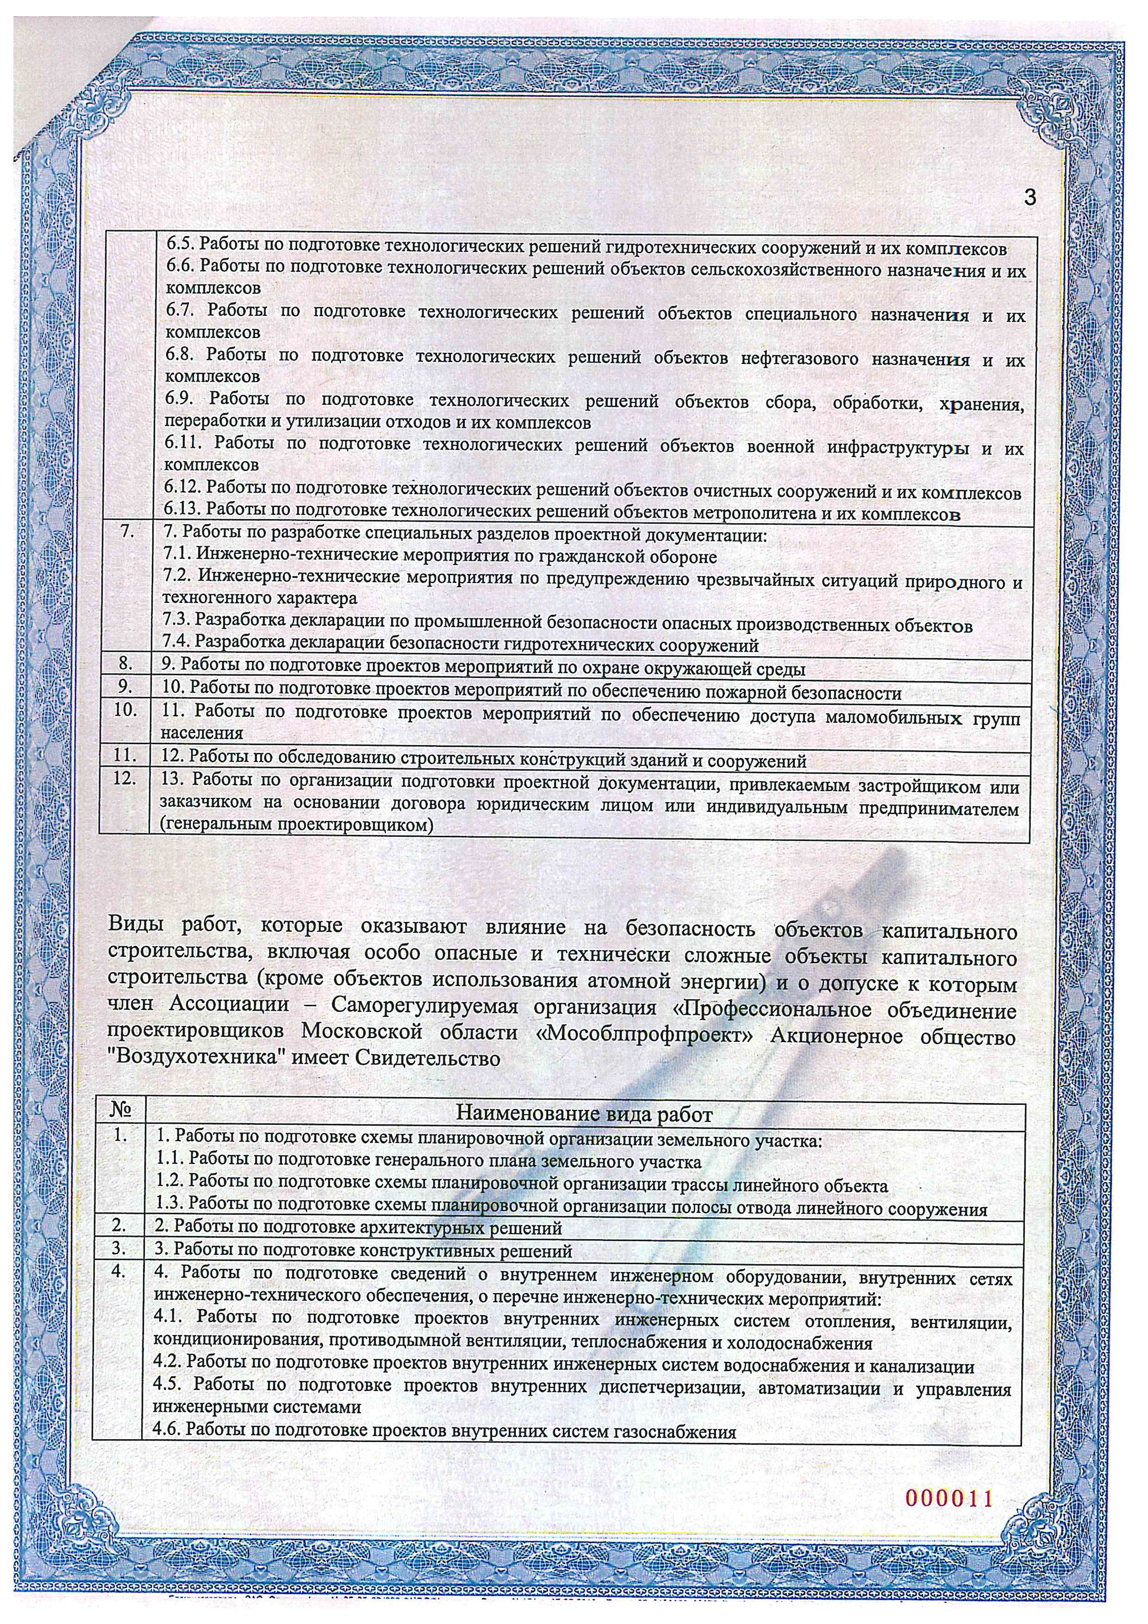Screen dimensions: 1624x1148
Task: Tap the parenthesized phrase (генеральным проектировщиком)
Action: point(296,825)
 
